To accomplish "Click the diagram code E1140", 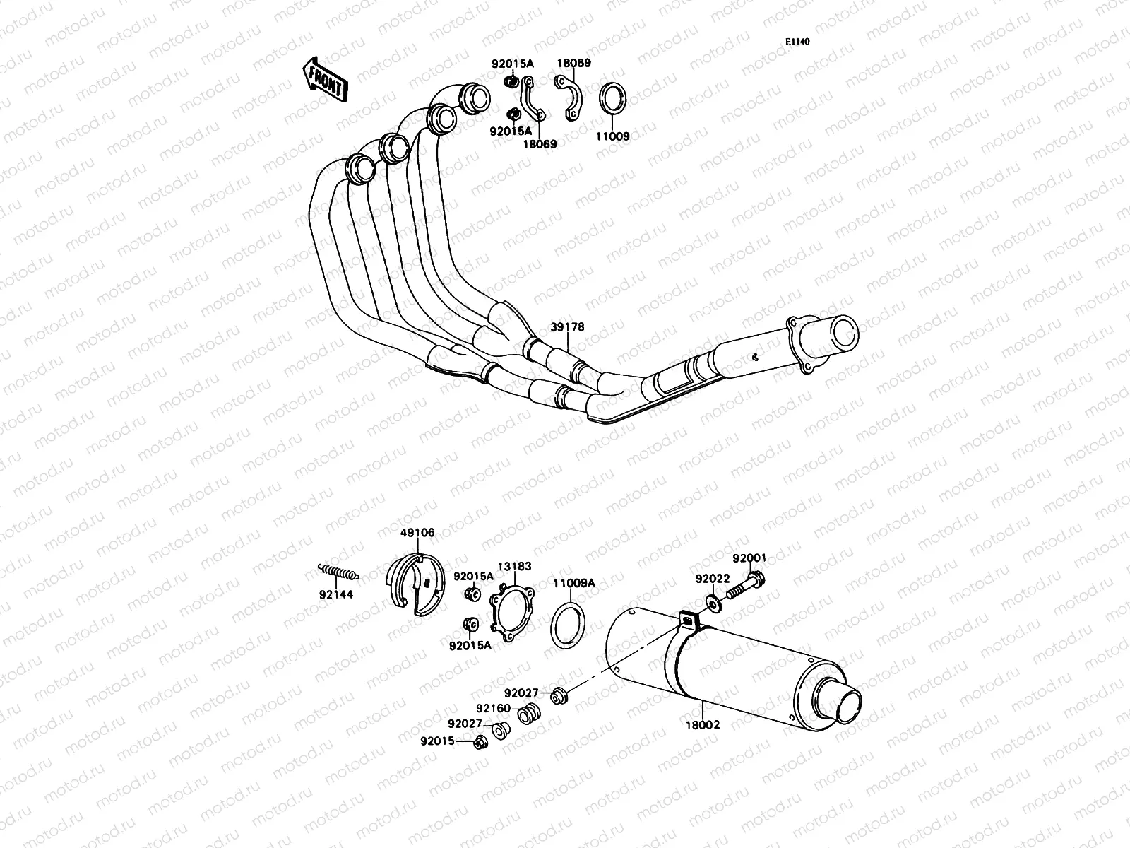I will [797, 42].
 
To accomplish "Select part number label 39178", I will [568, 328].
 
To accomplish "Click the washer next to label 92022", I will [712, 603].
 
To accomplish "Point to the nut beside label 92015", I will [481, 742].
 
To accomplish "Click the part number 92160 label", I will [493, 708].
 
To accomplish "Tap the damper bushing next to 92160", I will [527, 715].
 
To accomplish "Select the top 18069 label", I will [573, 63].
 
